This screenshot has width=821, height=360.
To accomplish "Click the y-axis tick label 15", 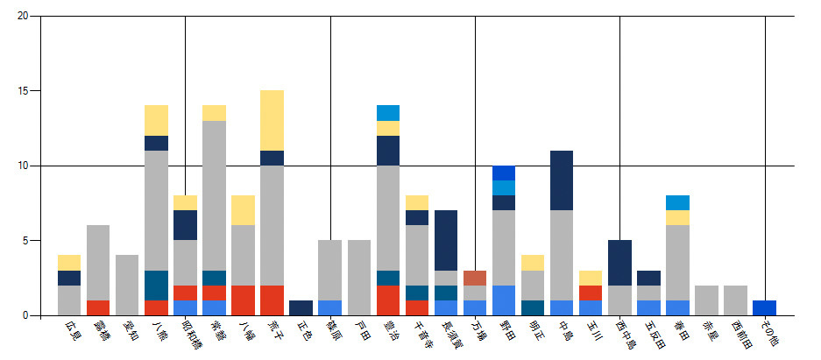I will click(x=22, y=91).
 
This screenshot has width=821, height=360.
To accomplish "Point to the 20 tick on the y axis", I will click(x=22, y=16).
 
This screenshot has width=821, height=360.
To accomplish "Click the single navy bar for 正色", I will click(x=301, y=307).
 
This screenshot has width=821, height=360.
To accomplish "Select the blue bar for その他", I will click(x=764, y=307).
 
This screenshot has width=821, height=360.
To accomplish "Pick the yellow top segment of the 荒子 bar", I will click(x=272, y=120).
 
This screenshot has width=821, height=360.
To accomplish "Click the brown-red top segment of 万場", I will click(x=475, y=278).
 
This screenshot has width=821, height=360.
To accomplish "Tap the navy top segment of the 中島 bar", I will click(x=562, y=180).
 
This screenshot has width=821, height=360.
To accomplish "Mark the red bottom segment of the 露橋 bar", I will click(x=98, y=307).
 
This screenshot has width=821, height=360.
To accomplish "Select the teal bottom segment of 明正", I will click(x=533, y=307).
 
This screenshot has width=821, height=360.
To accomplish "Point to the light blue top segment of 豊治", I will click(x=388, y=113).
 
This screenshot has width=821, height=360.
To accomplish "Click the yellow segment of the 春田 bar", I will click(x=677, y=217).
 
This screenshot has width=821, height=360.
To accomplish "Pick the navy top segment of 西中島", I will click(x=619, y=263).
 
